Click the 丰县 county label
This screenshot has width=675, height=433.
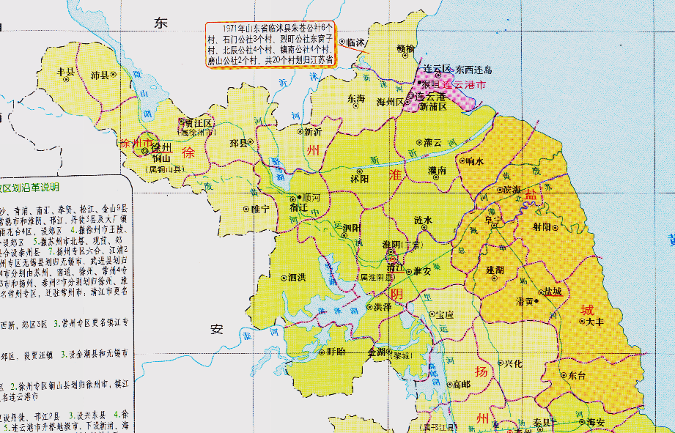tap(66, 72)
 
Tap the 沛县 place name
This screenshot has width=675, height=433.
tap(100, 75)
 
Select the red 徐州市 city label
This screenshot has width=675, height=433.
tap(137, 143)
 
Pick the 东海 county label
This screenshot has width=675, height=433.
tap(356, 98)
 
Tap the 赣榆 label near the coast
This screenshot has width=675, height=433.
tap(405, 48)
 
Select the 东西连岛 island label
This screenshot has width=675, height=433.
tap(474, 70)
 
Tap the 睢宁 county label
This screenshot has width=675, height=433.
tap(260, 209)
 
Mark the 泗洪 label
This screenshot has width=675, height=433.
tap(296, 277)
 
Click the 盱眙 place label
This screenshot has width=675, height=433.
tap(336, 352)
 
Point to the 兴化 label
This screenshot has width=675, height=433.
tap(512, 363)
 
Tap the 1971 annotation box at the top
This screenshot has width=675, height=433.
tap(270, 45)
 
